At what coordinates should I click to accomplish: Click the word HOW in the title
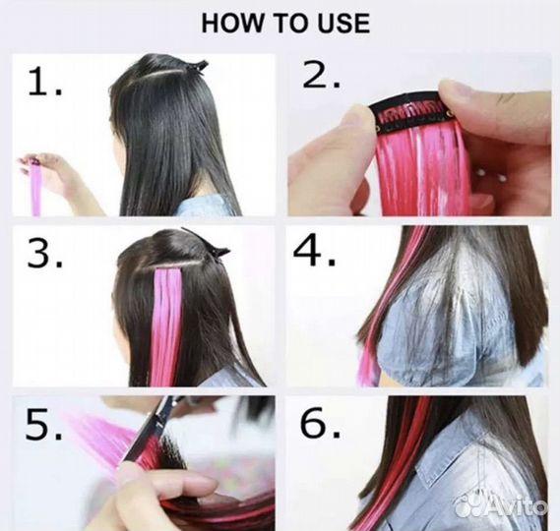point(231,24)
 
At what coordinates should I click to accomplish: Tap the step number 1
point(44,82)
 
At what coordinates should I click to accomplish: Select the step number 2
point(321,74)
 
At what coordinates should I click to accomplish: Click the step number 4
point(314,251)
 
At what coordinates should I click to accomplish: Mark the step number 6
point(320,423)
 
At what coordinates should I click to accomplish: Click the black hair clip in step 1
point(196,67)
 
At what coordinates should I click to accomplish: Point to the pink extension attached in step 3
point(166,326)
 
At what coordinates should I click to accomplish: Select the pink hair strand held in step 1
point(35,189)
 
